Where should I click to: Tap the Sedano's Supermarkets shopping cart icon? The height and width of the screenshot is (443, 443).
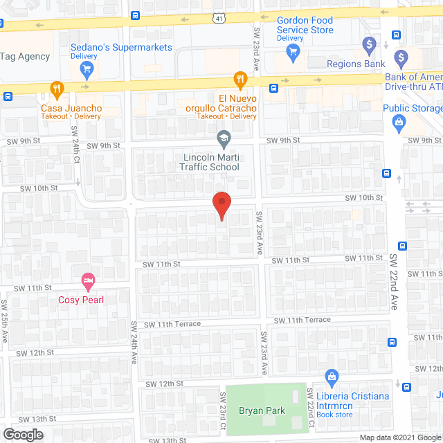(87, 69)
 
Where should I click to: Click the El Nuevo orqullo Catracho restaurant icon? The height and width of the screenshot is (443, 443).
(239, 79)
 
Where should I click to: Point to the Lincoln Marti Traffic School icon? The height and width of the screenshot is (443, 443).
(224, 140)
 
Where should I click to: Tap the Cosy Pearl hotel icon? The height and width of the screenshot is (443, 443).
(88, 281)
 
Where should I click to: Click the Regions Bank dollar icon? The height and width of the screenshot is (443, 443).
(369, 46)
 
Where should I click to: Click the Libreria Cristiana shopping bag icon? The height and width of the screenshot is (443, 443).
(332, 377)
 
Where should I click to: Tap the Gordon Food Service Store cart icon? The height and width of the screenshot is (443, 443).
(293, 52)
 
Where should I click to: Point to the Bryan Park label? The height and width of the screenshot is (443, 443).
(262, 410)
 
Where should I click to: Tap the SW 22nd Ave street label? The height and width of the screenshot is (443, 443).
(394, 281)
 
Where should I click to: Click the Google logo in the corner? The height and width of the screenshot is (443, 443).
(22, 434)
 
